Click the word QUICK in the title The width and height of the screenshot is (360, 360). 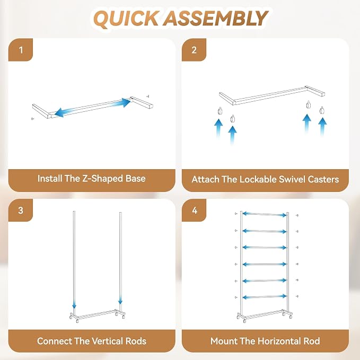point(126,19)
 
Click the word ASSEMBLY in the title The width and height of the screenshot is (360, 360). point(216,19)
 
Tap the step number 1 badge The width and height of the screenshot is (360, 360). point(21,50)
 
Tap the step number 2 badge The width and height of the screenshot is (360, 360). point(194,50)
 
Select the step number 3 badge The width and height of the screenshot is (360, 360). point(21,210)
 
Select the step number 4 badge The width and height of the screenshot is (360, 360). point(194,210)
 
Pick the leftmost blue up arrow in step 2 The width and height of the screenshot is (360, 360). point(218,129)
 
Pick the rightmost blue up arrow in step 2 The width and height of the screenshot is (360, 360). point(322,128)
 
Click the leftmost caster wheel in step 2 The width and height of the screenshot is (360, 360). point(220,111)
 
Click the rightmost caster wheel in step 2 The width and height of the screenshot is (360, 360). point(322,110)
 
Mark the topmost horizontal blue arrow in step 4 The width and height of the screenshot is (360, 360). point(265,214)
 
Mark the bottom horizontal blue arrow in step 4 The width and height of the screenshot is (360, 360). point(265,297)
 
